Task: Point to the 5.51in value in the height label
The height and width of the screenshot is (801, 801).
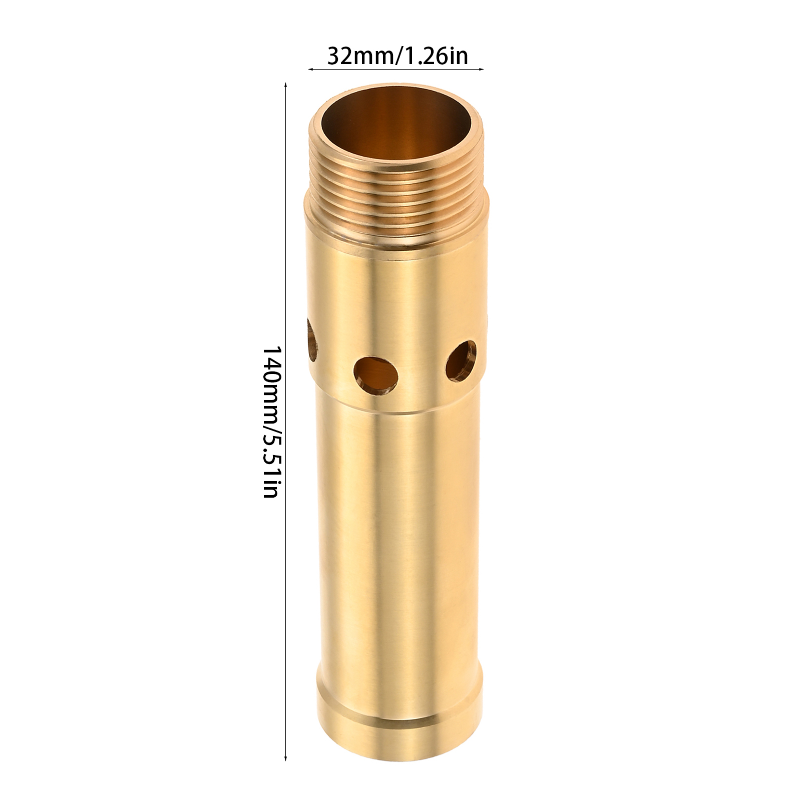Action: pyautogui.click(x=270, y=464)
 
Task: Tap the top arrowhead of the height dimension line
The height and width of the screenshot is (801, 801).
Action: pyautogui.click(x=285, y=86)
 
